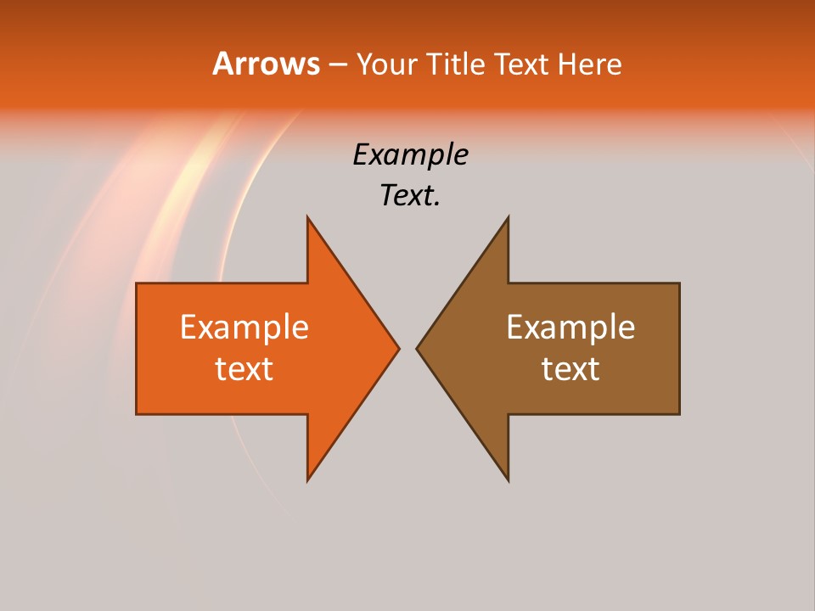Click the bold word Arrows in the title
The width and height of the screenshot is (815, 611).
(x=266, y=64)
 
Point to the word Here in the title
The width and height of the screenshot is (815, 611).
(x=589, y=64)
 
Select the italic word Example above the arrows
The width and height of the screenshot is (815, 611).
(x=410, y=155)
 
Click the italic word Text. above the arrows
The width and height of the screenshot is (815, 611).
(x=410, y=196)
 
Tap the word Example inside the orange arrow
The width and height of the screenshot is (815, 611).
(x=244, y=327)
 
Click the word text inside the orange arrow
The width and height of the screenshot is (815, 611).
(x=244, y=368)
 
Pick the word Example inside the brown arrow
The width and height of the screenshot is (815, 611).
(x=570, y=327)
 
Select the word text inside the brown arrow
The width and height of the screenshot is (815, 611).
(x=570, y=368)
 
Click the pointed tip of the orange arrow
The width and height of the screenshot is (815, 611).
(x=398, y=348)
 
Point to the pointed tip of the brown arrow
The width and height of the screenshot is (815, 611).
(x=417, y=348)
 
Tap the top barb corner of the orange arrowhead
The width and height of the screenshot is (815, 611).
(x=307, y=217)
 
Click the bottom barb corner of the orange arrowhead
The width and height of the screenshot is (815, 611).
(x=307, y=480)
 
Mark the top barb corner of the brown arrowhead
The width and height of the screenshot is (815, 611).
(x=508, y=217)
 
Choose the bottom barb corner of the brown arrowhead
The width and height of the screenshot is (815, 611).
(x=508, y=480)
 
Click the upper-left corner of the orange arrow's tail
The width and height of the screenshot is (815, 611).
(x=137, y=283)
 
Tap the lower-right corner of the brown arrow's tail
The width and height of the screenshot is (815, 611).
(x=679, y=413)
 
